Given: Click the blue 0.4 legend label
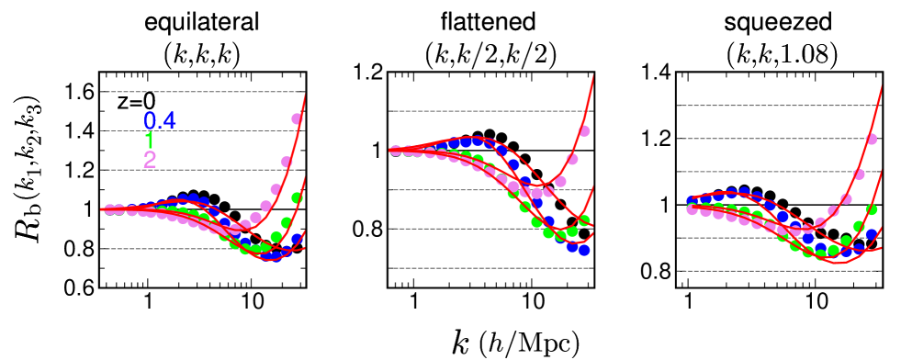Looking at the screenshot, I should (160, 121).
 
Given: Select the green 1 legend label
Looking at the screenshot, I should (149, 141).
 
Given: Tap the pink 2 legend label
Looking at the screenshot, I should (150, 160).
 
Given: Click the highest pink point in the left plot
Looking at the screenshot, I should (298, 118).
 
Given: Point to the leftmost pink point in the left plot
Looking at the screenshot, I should (108, 209).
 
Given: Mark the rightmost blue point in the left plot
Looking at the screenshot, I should (298, 238).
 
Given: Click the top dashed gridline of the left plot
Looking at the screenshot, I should (202, 92).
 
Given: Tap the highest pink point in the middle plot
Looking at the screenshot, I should (584, 130).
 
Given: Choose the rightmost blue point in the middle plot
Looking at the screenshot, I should (584, 250).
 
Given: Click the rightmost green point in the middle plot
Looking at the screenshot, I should (584, 220).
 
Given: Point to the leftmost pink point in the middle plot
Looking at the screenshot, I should (395, 151).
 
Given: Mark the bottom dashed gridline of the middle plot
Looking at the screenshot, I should (491, 268).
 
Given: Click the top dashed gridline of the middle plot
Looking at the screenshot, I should (491, 111).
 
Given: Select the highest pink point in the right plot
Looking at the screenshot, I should (872, 139).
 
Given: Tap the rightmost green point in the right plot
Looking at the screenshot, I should (872, 209).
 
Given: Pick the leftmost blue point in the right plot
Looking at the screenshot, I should (693, 201).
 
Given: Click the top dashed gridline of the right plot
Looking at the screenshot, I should (779, 106).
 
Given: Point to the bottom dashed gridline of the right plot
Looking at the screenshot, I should (779, 271).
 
